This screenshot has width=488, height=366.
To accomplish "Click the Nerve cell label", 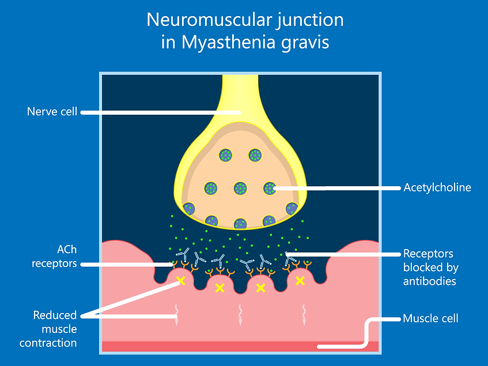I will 52,111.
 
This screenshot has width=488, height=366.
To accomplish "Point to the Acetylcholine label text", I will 437,187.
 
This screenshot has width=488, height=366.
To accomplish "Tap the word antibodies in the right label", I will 430,281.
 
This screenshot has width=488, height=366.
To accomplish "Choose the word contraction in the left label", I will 48,343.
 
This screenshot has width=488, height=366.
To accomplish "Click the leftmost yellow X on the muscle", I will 180,281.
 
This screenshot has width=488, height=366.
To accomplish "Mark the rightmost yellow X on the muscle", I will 300,281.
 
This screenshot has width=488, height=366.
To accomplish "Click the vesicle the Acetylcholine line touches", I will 270,188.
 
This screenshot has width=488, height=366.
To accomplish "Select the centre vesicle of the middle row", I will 240,188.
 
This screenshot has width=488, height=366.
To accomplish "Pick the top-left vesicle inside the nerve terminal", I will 225,155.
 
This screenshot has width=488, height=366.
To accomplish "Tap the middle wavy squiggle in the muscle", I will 240,314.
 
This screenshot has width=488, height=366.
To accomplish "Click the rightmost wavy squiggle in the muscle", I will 304,314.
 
